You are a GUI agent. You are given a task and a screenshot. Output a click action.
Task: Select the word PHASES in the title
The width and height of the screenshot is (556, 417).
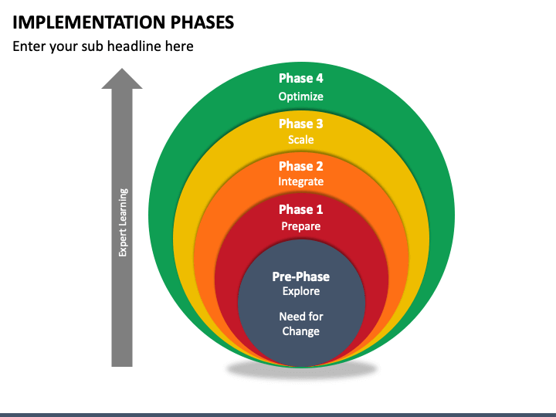point(202,22)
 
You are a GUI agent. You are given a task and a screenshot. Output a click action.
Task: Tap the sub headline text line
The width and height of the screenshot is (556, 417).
point(103,46)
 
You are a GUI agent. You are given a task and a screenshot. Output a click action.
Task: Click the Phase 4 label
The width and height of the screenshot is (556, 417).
point(300,78)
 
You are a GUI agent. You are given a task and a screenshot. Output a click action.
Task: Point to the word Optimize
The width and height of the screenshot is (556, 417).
point(300,97)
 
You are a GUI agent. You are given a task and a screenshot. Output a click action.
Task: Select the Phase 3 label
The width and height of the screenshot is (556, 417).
point(300,124)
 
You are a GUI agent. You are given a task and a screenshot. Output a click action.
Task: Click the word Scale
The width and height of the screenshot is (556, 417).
point(300,139)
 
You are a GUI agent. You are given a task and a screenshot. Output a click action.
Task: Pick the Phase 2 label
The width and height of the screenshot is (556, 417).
point(300,166)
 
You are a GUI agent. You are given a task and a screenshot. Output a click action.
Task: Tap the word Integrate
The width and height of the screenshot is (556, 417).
point(300,181)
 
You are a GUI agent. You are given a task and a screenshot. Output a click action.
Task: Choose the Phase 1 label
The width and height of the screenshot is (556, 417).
point(300,209)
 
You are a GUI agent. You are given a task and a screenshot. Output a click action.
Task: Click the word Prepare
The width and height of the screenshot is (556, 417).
point(300,226)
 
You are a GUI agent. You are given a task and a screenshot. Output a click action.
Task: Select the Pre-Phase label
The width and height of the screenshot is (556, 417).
point(300,276)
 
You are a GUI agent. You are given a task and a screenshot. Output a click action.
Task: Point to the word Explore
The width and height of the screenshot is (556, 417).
point(300,291)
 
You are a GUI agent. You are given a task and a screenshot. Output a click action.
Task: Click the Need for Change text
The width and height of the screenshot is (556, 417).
point(300,324)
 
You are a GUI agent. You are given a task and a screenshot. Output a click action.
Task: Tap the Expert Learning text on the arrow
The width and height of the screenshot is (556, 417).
point(123,222)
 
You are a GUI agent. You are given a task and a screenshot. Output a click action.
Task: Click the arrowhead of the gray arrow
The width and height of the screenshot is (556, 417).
point(122,79)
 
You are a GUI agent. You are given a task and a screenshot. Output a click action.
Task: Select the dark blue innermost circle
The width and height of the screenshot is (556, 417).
point(301,303)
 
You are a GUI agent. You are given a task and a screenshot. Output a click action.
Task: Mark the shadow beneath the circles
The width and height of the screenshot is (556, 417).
point(301,370)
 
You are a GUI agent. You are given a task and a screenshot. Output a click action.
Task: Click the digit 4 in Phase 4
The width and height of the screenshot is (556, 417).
point(320,78)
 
